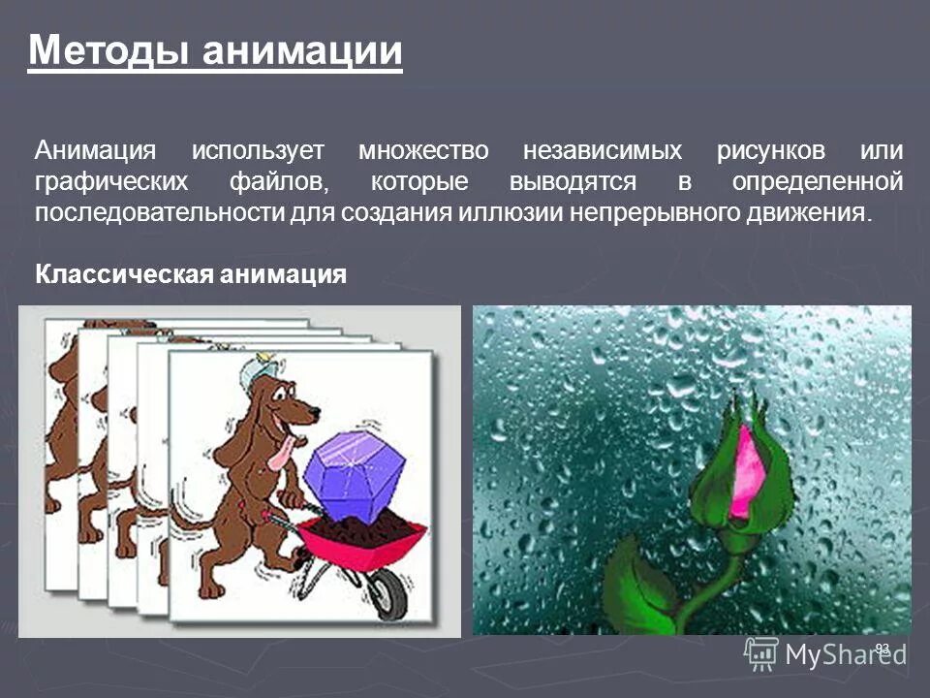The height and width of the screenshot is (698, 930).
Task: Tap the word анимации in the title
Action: tap(301, 48)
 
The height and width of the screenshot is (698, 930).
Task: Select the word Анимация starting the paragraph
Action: tap(95, 151)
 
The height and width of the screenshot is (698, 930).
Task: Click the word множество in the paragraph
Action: tap(424, 151)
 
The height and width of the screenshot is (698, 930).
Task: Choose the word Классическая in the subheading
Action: tap(124, 275)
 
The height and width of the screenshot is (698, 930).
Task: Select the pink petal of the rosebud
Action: tap(748, 470)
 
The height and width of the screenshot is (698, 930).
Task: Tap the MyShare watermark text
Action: tap(845, 654)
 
